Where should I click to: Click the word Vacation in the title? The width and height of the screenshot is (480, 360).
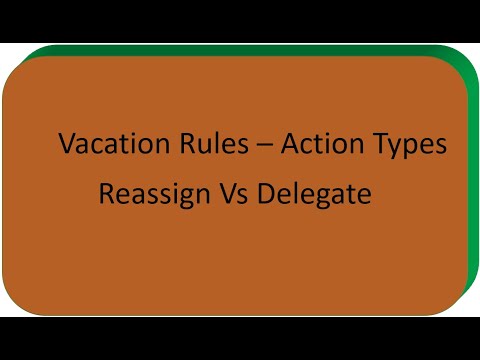pyautogui.click(x=106, y=144)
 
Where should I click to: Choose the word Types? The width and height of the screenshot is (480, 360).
pyautogui.click(x=409, y=146)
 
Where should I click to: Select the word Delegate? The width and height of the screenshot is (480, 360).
pyautogui.click(x=314, y=194)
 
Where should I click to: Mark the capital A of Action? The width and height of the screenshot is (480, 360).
pyautogui.click(x=290, y=144)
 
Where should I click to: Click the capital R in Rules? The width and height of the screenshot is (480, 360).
pyautogui.click(x=170, y=144)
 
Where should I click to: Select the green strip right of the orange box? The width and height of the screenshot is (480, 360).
pyautogui.click(x=472, y=180)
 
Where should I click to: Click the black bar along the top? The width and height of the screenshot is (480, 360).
pyautogui.click(x=240, y=20)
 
